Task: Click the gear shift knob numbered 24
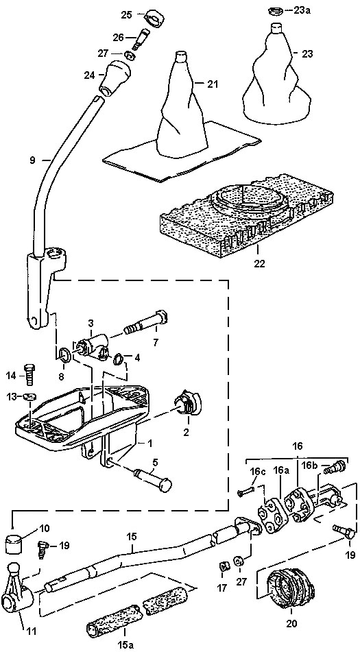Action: click(x=115, y=79)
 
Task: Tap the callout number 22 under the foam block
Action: click(x=259, y=263)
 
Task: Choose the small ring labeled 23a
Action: click(x=275, y=11)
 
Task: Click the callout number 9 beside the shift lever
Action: click(x=34, y=159)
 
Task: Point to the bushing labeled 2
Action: click(x=187, y=404)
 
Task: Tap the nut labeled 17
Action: click(x=223, y=565)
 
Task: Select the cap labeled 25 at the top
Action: click(x=154, y=19)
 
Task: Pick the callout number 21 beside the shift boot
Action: click(x=213, y=84)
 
